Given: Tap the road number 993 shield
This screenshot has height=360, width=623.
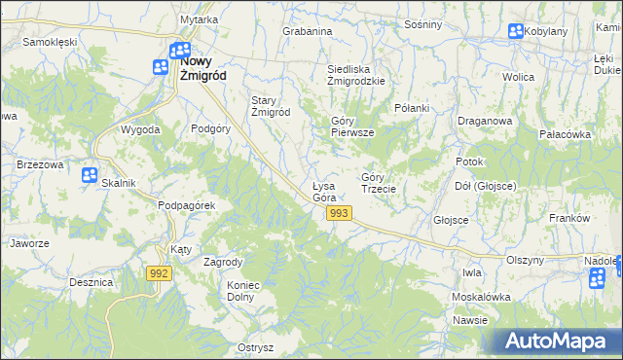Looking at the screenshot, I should coord(339,213).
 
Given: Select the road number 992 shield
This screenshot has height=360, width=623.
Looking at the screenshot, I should coord(161,275).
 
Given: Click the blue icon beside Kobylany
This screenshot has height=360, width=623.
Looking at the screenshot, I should coord(515,32).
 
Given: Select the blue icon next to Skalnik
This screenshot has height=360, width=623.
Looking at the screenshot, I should coord(89,175).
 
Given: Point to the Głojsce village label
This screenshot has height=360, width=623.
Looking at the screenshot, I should coord(452,220).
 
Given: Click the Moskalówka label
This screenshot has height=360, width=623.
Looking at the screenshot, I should coord(481,296).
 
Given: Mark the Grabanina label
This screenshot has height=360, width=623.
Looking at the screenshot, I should coord(307,31).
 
